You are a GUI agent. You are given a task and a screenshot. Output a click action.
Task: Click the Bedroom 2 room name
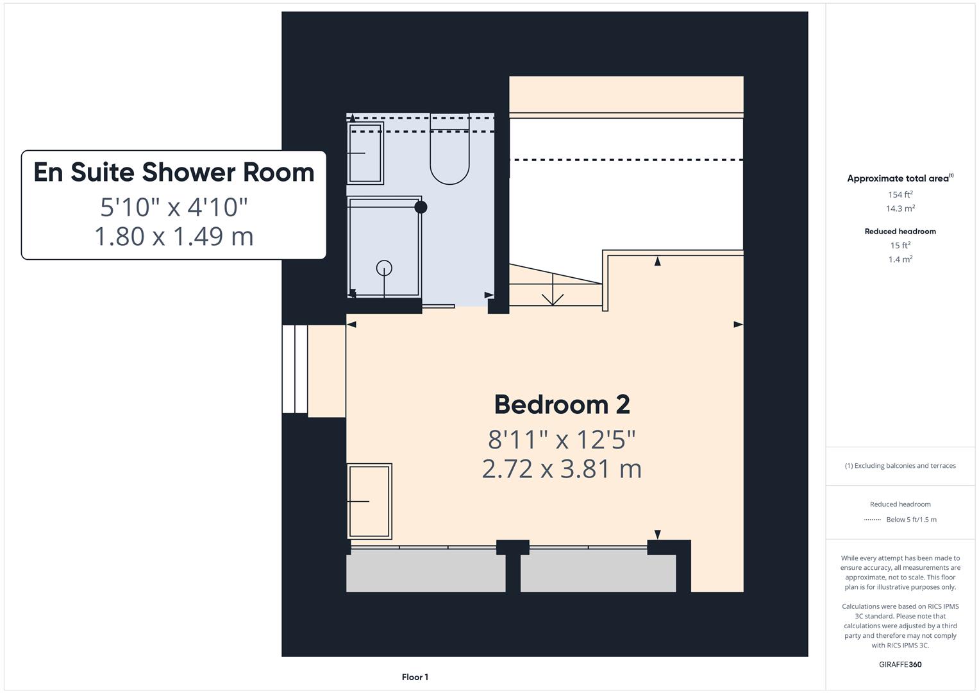tap(562, 405)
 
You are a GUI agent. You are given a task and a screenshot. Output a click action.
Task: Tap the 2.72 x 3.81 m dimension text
tap(562, 469)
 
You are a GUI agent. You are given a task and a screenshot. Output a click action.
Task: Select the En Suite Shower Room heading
tap(174, 173)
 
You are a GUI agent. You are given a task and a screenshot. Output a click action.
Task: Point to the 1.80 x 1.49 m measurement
tap(174, 236)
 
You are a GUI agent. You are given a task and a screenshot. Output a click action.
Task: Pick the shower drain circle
tap(384, 268)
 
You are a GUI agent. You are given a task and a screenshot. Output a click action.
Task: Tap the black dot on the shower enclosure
tap(421, 207)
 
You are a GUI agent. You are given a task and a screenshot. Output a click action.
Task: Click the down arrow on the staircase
tap(553, 292)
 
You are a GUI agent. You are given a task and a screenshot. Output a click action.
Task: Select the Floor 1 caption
tap(415, 677)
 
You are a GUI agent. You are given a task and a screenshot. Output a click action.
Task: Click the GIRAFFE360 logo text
tap(900, 664)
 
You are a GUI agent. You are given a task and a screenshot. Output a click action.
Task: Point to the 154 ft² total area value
tap(900, 194)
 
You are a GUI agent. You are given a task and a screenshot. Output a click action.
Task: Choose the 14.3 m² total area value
tap(900, 209)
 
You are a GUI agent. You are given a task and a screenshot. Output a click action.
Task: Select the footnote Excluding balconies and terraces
tap(900, 466)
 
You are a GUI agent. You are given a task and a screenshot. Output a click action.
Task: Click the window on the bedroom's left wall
tap(295, 369)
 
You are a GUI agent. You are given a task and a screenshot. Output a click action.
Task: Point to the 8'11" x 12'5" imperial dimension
tap(562, 440)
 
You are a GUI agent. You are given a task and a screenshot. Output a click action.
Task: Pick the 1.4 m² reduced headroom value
tap(900, 259)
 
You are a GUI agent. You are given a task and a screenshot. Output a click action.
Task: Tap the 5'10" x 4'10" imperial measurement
tap(174, 207)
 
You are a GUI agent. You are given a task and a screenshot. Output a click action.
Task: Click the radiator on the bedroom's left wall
tap(369, 501)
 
